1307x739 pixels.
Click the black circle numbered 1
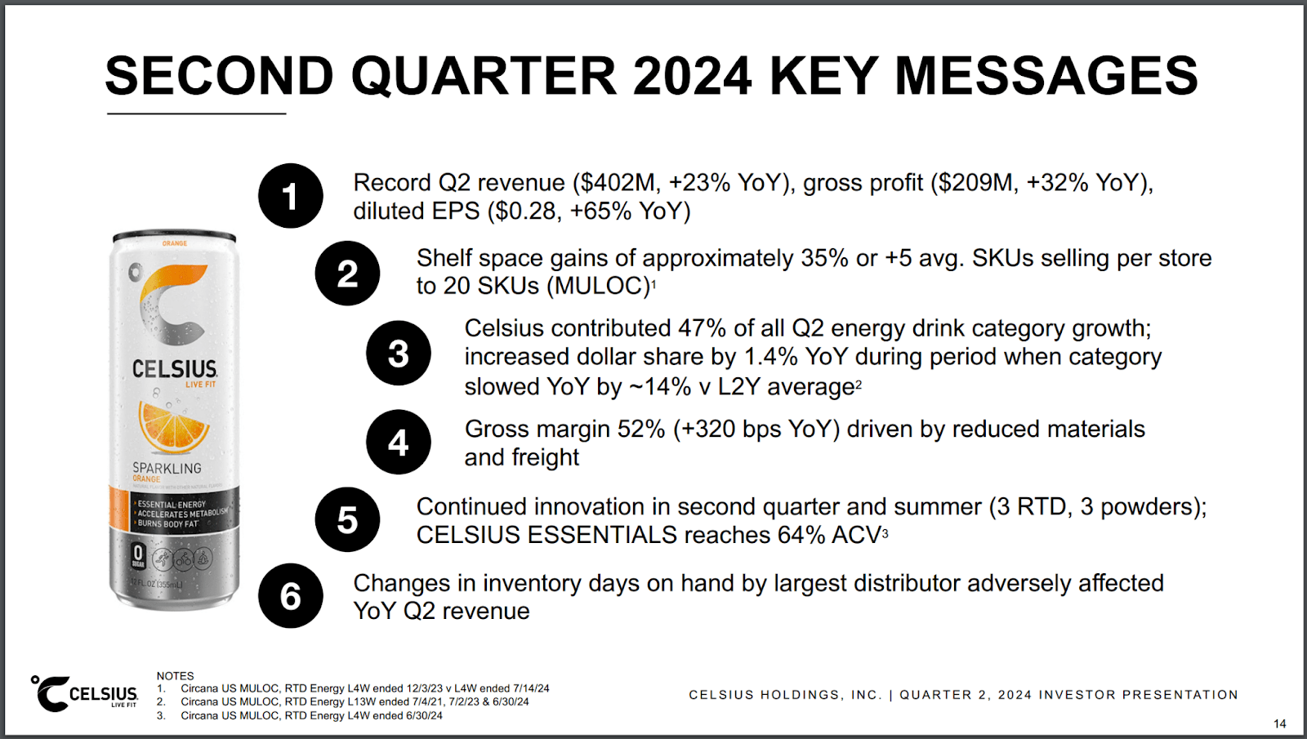click(290, 196)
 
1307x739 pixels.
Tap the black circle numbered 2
click(347, 273)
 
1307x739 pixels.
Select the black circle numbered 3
click(398, 353)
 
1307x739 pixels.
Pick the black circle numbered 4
click(398, 442)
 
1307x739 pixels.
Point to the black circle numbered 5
click(347, 519)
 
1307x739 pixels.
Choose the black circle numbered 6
click(290, 595)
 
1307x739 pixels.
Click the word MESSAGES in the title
click(1046, 76)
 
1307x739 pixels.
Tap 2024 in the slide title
click(692, 76)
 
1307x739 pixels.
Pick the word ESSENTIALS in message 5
click(603, 535)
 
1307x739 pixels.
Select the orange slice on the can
click(173, 425)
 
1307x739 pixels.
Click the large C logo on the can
click(172, 303)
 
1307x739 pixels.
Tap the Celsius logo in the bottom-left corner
click(85, 694)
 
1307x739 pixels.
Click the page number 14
click(1279, 723)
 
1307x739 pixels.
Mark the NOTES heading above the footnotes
click(175, 675)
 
